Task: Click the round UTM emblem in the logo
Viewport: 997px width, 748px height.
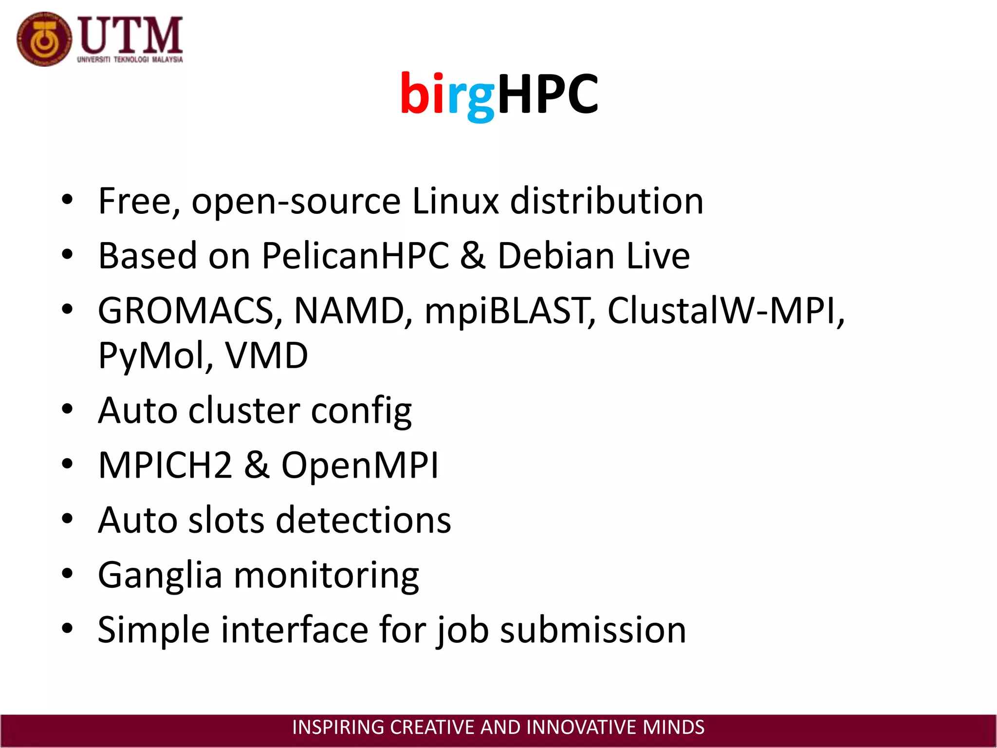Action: (44, 39)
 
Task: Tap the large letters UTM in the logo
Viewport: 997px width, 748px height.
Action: (130, 35)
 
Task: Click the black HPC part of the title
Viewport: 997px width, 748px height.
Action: (548, 94)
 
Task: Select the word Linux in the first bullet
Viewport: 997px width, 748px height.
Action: (455, 201)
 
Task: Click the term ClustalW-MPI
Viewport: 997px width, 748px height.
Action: (725, 311)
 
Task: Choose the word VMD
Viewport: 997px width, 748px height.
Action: (266, 355)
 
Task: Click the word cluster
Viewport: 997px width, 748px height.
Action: (244, 411)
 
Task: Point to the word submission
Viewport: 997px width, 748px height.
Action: (593, 630)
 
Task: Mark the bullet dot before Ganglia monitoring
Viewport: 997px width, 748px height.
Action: (67, 574)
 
